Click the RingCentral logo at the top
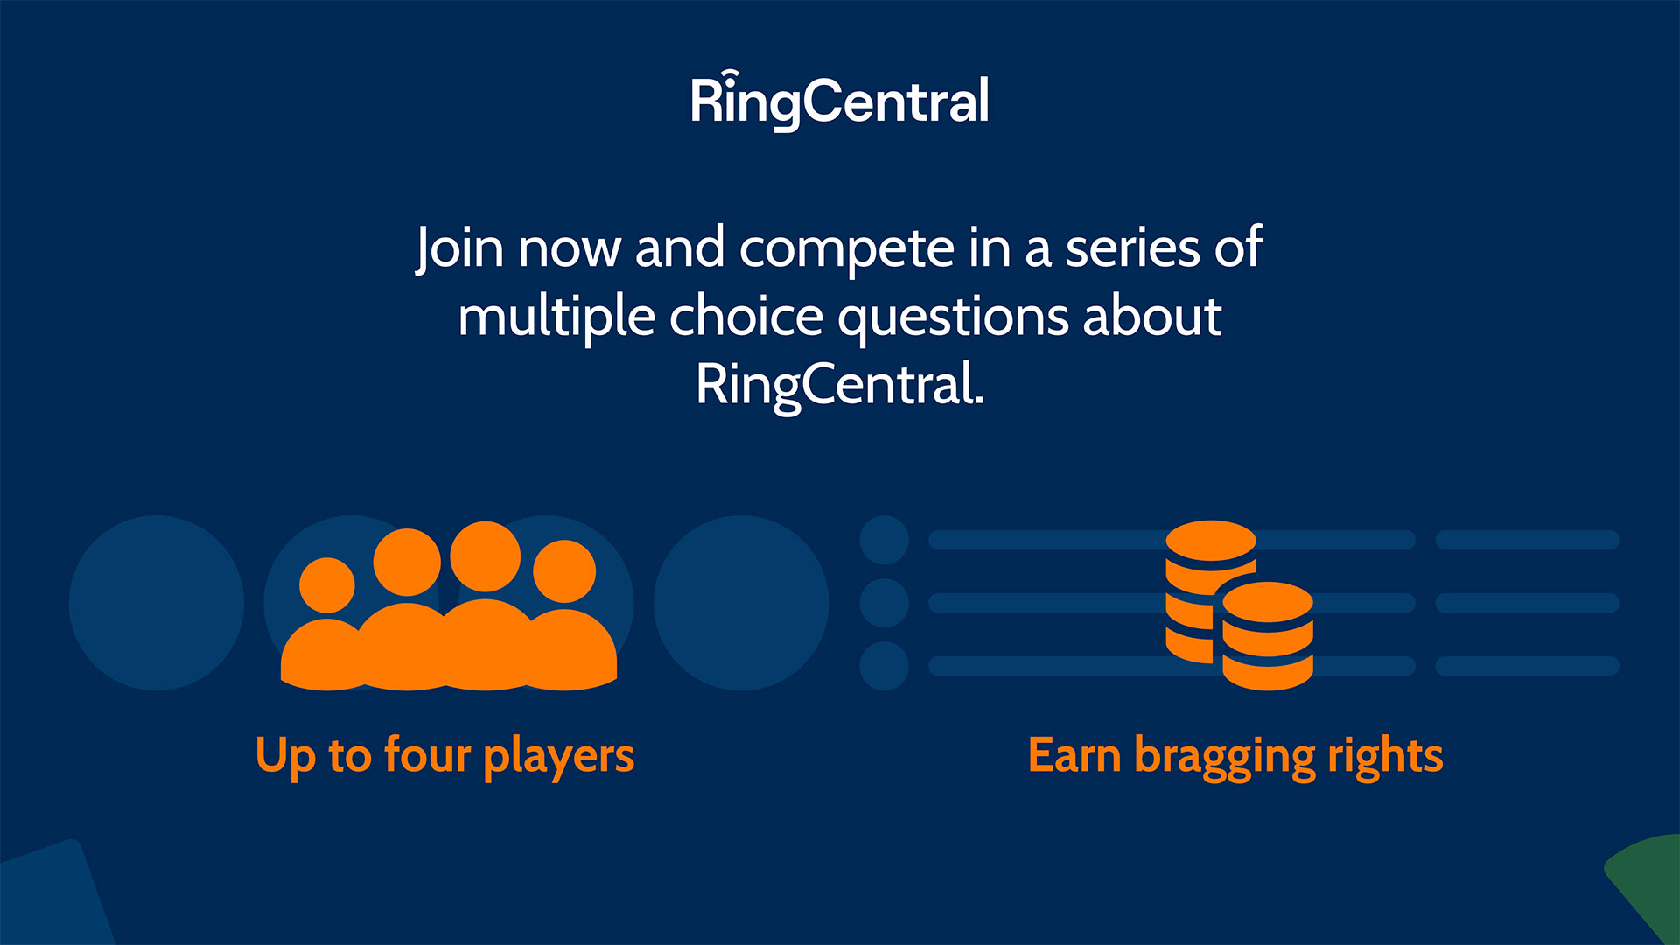click(x=840, y=100)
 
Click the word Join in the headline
click(x=459, y=248)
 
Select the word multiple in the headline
click(x=556, y=317)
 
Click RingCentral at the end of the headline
click(x=840, y=385)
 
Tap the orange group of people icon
click(x=449, y=605)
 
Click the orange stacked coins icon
click(x=1239, y=605)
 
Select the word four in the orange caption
click(x=427, y=754)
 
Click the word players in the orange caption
click(x=558, y=757)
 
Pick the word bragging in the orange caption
click(x=1224, y=757)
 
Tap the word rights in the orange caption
click(x=1385, y=757)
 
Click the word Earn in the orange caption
click(x=1074, y=755)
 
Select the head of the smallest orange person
click(x=326, y=585)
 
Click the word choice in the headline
click(x=745, y=317)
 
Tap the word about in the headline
click(x=1151, y=317)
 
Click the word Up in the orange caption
click(x=285, y=756)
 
